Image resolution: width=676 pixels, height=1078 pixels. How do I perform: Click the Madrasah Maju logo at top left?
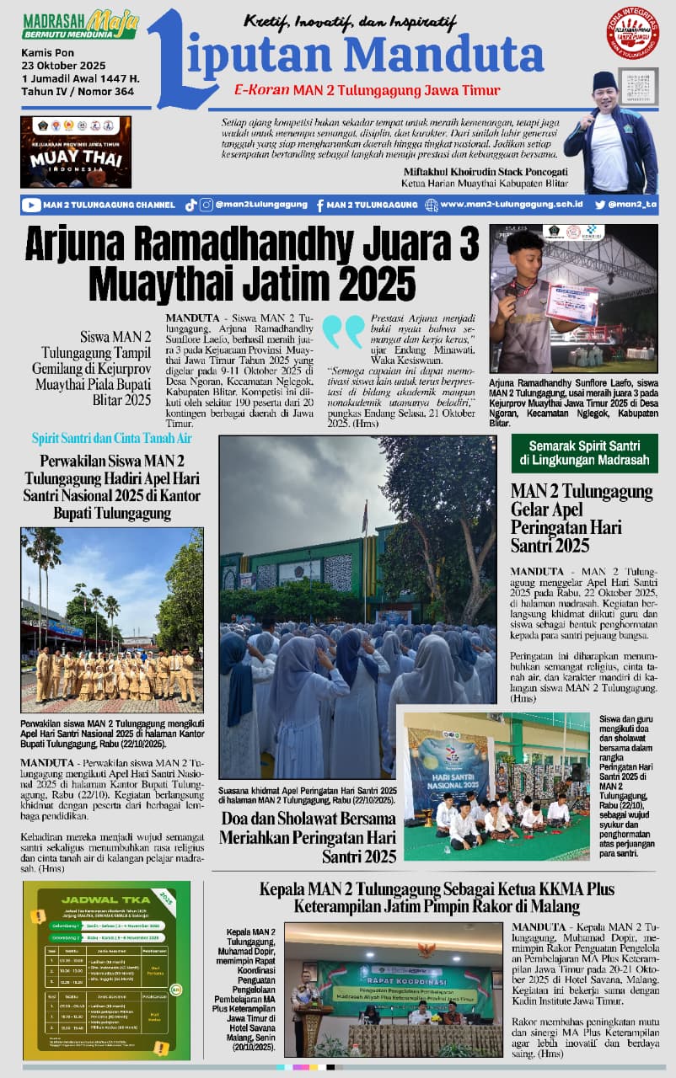[80, 25]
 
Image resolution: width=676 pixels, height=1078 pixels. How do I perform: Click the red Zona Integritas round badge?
[632, 32]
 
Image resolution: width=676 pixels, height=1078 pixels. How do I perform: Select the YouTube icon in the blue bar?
[31, 205]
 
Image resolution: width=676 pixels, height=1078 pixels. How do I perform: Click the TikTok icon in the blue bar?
[190, 205]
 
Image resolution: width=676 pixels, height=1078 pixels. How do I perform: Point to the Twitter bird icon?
[599, 205]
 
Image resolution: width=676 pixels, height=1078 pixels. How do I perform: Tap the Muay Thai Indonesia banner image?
[76, 152]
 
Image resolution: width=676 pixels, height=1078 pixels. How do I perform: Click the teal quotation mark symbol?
[343, 332]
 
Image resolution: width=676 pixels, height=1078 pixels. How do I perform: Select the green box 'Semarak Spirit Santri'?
[583, 452]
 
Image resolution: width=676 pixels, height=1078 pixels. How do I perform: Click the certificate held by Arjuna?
[571, 304]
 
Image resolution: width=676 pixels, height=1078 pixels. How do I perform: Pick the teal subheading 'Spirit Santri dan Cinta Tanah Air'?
[113, 438]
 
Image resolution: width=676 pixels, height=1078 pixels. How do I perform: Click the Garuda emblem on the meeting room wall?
[427, 950]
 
